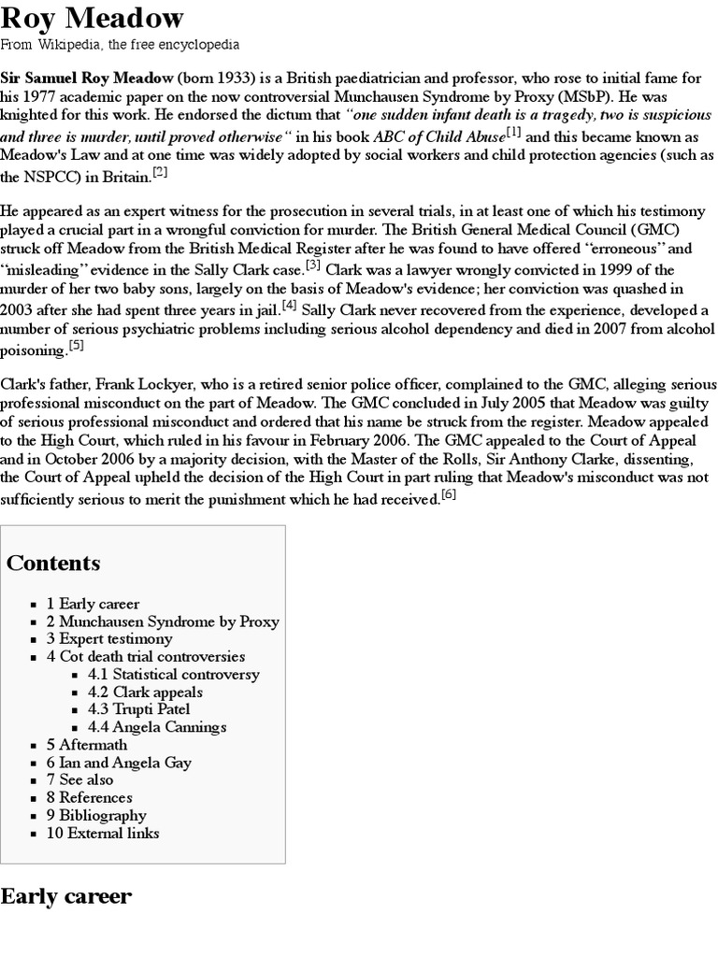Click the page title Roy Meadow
click(93, 18)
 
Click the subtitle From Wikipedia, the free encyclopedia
click(120, 44)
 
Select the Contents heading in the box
click(53, 563)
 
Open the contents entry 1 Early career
click(93, 604)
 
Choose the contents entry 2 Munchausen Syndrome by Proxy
click(163, 621)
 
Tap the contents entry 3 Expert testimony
click(109, 639)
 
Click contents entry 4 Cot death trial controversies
click(146, 657)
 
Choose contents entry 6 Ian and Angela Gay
click(119, 763)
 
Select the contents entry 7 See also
click(80, 779)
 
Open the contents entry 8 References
click(90, 797)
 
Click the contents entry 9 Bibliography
click(97, 815)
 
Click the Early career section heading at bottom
click(66, 897)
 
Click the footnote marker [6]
click(449, 495)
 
